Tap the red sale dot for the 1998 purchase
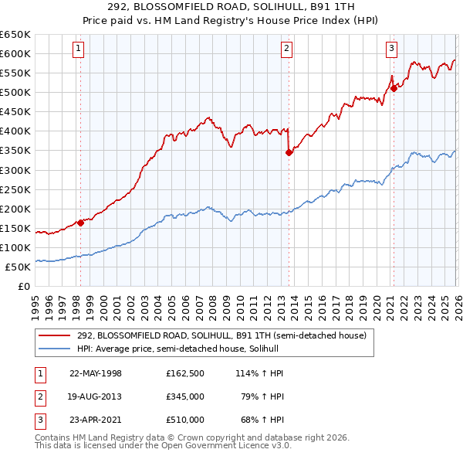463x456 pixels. pos(80,223)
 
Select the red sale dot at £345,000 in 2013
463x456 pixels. pos(289,152)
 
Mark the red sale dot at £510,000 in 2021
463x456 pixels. pos(394,88)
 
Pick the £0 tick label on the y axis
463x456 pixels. pos(23,286)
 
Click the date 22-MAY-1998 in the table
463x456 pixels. pos(96,373)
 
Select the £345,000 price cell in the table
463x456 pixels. pos(185,396)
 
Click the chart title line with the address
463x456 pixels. pos(231,8)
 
